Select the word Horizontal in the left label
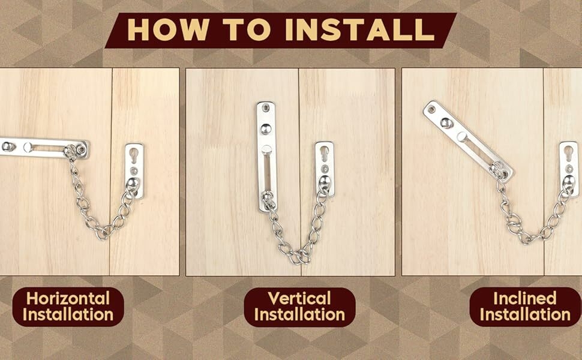pos(68,298)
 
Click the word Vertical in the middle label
pos(299,298)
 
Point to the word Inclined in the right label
pos(525,298)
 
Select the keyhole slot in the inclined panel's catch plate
pos(569,153)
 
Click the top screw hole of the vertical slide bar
pos(265,108)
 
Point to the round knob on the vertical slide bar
pos(265,129)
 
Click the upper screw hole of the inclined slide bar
pos(431,110)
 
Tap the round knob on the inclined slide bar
pos(446,123)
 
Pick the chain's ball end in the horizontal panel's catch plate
pos(133,183)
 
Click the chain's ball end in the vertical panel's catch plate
pos(325,181)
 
